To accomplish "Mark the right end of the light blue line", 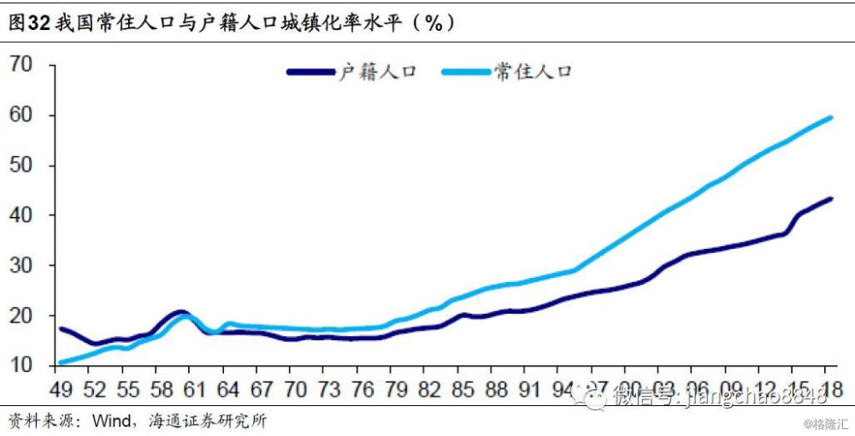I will click(830, 117).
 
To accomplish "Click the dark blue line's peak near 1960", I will click(180, 312).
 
